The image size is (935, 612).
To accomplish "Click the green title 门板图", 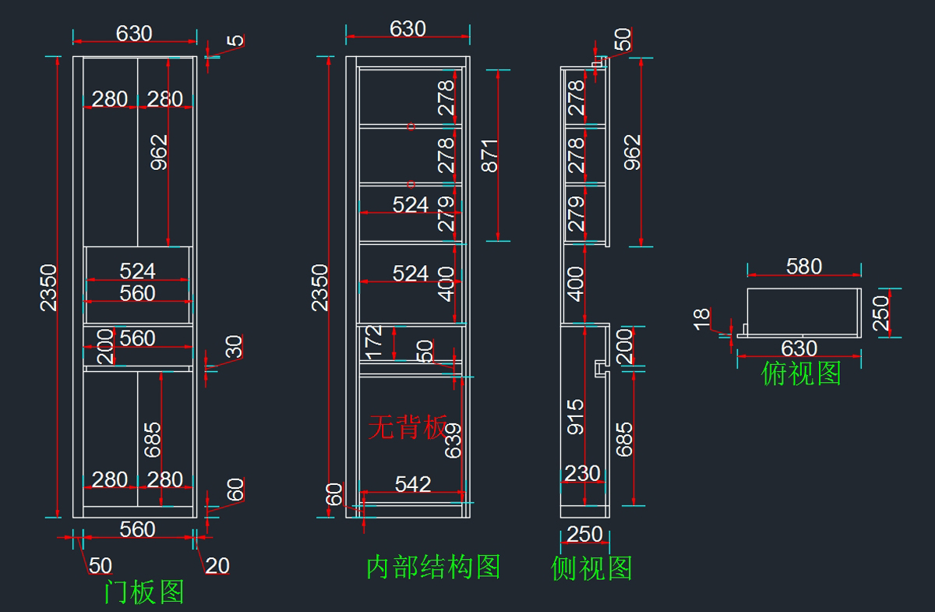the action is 144,592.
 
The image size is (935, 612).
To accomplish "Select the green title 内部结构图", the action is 433,567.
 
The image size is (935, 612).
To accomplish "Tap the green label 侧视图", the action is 591,568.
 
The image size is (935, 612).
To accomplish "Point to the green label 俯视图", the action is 801,373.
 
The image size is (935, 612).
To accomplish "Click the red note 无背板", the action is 408,427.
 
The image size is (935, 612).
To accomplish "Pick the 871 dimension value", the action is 489,156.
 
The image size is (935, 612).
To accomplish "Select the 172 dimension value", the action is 373,342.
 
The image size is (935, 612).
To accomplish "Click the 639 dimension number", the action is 453,440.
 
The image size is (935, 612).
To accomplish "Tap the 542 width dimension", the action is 413,484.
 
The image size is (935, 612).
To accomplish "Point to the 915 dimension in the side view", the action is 575,416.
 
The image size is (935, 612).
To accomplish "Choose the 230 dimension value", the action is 582,474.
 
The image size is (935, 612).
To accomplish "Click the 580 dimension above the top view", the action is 804,266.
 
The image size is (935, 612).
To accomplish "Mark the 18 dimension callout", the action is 702,320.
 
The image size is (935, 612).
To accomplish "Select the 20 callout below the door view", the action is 217,566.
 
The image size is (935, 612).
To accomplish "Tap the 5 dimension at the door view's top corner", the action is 235,41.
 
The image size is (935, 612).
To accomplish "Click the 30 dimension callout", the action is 234,347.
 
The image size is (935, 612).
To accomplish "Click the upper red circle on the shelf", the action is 411,126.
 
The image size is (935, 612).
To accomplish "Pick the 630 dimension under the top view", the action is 799,348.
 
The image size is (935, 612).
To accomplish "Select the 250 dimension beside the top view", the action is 880,313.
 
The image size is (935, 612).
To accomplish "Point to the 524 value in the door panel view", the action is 137,271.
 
